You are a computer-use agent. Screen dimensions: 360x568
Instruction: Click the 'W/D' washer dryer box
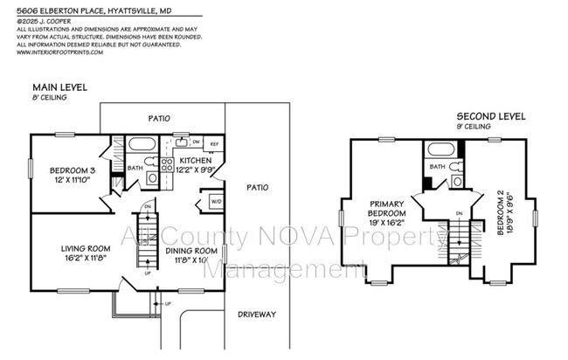click(215, 202)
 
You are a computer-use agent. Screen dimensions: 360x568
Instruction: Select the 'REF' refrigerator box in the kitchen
click(214, 142)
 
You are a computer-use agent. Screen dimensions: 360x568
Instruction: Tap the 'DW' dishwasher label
click(196, 142)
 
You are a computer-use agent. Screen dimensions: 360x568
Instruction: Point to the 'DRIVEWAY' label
click(256, 314)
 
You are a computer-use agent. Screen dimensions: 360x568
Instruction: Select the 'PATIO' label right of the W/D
click(257, 187)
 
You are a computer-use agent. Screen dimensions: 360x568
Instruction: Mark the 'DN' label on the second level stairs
click(460, 213)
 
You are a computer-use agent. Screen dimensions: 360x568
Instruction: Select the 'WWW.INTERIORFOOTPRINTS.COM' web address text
click(60, 52)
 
